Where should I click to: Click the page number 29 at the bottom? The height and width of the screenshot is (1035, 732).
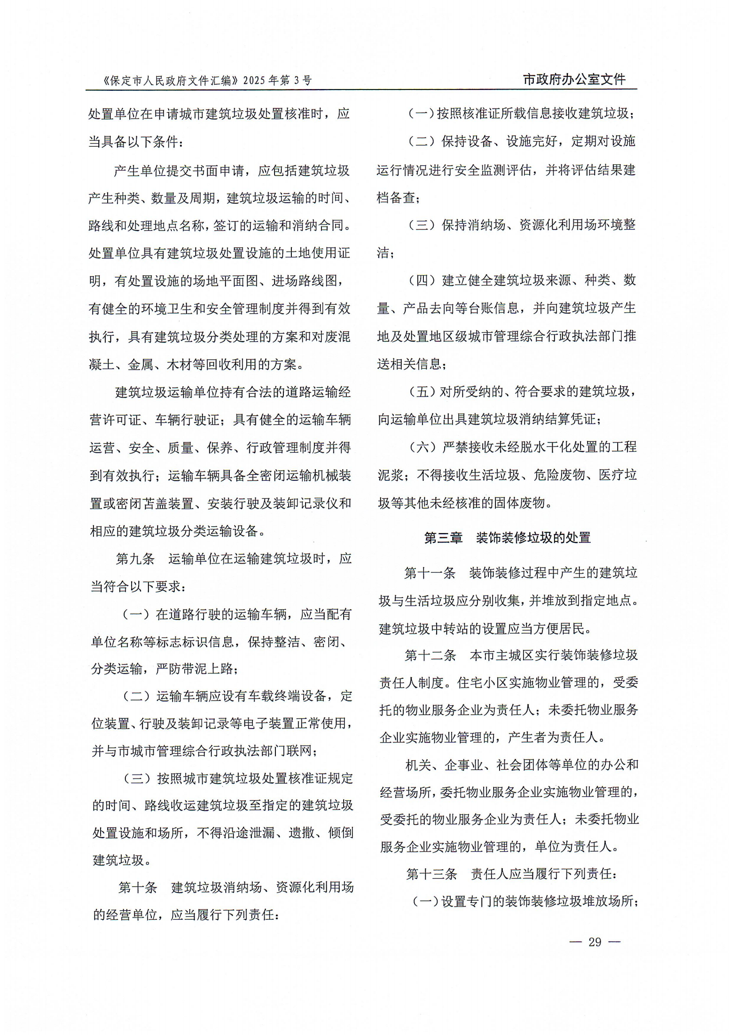click(x=595, y=942)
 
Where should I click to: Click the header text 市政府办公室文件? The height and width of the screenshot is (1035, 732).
click(x=574, y=79)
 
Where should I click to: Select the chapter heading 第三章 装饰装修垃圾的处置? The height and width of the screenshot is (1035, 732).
click(x=507, y=537)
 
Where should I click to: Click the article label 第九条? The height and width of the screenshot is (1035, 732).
click(x=135, y=559)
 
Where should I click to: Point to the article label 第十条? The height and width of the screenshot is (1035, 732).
click(x=137, y=887)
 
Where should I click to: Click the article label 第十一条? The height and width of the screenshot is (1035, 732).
click(x=430, y=573)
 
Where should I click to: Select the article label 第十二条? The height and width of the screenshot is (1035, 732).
click(x=430, y=655)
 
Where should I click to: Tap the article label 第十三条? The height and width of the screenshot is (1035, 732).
click(x=431, y=874)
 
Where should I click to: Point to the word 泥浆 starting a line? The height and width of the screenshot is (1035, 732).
click(x=390, y=475)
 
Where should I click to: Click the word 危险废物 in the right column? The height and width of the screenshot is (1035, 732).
click(x=559, y=475)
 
